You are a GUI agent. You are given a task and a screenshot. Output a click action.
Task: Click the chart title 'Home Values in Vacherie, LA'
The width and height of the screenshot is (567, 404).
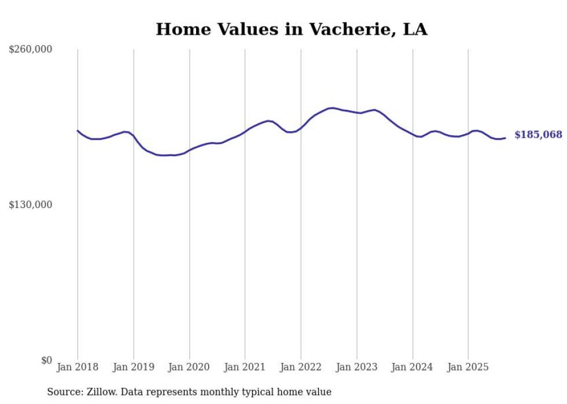[x=292, y=29]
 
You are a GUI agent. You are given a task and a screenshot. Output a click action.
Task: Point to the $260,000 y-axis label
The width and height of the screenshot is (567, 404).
[x=31, y=50]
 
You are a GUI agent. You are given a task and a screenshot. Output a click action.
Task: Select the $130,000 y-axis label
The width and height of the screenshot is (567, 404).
[x=31, y=205]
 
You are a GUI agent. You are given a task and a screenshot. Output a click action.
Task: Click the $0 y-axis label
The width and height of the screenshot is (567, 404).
[x=46, y=360]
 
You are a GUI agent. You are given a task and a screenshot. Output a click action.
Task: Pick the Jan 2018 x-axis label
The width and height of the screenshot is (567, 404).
[x=78, y=367]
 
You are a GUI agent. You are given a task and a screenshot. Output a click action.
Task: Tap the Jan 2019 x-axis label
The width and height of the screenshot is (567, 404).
[x=134, y=367]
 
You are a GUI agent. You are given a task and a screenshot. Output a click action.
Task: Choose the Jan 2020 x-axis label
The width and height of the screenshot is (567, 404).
[x=189, y=367]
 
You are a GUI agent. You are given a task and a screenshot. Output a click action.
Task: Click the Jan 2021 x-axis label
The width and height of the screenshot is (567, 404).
[x=245, y=367]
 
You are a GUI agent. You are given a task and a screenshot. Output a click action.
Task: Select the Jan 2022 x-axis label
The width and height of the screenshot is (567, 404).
[x=301, y=367]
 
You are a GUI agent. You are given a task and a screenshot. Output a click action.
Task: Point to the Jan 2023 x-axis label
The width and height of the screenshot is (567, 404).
[x=356, y=367]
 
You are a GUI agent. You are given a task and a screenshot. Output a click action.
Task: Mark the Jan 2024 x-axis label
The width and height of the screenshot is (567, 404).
[x=413, y=367]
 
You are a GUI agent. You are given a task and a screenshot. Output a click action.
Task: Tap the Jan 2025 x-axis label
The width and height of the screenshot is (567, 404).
[x=468, y=367]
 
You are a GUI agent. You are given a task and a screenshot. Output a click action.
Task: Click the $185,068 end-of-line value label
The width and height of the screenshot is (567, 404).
[x=538, y=135]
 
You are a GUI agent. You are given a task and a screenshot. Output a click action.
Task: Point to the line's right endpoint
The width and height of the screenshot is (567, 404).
[x=505, y=138]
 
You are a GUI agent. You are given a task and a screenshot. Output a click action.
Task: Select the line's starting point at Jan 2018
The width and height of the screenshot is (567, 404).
[x=78, y=131]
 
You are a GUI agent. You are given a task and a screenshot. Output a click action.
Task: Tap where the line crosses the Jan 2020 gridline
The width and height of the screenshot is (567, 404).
[x=189, y=150]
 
